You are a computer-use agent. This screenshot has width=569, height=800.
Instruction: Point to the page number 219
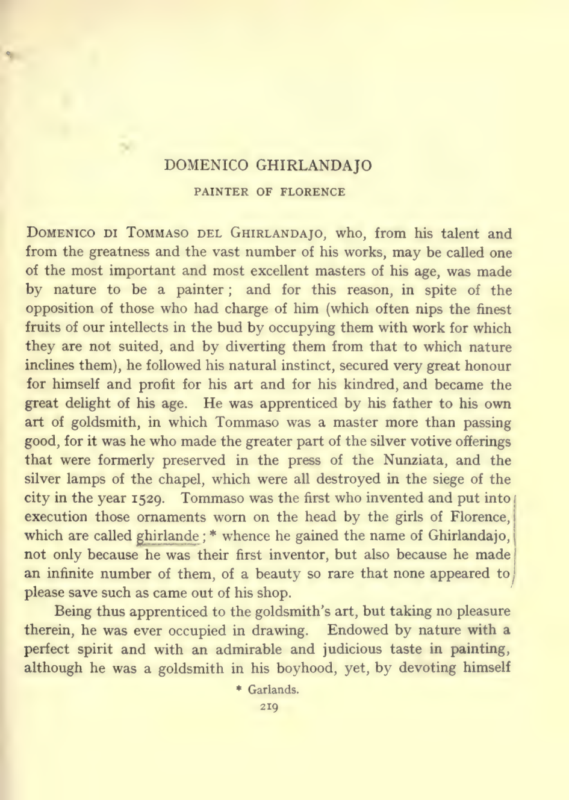pos(269,707)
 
